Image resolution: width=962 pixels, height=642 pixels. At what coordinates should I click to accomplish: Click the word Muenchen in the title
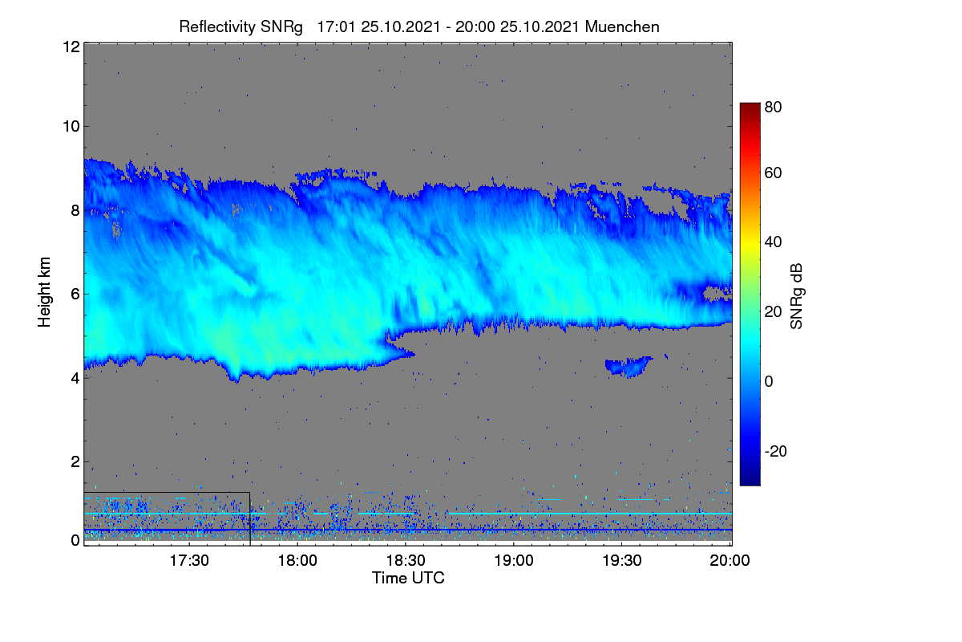(x=622, y=27)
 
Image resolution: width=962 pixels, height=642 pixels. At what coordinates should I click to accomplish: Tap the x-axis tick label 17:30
(x=189, y=561)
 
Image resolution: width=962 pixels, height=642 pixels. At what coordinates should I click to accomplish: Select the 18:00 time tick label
(x=297, y=561)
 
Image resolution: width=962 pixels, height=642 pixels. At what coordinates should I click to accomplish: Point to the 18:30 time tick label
(x=406, y=561)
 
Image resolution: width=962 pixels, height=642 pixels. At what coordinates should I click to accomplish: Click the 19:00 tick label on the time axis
(x=514, y=561)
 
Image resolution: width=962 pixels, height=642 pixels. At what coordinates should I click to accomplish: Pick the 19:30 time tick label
(x=622, y=561)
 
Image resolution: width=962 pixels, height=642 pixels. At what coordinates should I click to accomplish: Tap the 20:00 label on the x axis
(x=730, y=561)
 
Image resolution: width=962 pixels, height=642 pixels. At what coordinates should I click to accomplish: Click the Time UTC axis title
(x=408, y=579)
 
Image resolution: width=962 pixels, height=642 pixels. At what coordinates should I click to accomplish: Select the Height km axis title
(x=44, y=292)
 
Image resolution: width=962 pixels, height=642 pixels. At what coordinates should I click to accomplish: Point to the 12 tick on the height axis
(x=71, y=47)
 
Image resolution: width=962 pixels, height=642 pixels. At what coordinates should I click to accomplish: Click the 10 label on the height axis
(x=71, y=127)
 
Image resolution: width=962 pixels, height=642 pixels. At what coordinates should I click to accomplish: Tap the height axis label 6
(x=75, y=295)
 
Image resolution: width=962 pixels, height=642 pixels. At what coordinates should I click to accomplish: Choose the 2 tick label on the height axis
(x=75, y=461)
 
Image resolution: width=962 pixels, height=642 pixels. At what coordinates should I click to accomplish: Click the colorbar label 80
(x=773, y=107)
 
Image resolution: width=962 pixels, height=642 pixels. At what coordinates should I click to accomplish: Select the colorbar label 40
(x=773, y=242)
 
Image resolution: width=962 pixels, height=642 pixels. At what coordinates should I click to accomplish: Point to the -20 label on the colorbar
(x=776, y=451)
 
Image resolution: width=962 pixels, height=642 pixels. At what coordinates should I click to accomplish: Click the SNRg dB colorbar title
(x=797, y=297)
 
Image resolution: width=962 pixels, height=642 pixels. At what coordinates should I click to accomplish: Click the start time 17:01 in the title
(x=336, y=27)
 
